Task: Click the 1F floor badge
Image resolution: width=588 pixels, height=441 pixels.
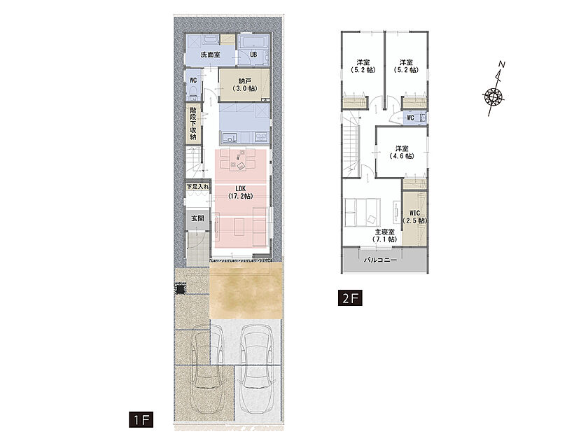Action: pyautogui.click(x=141, y=419)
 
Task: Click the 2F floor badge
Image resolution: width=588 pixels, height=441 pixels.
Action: pyautogui.click(x=350, y=298)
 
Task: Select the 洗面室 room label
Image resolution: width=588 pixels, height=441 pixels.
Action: pyautogui.click(x=210, y=55)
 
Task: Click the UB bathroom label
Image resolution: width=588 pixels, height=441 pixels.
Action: pyautogui.click(x=253, y=55)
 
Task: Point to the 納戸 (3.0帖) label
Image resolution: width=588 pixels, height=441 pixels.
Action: pyautogui.click(x=244, y=85)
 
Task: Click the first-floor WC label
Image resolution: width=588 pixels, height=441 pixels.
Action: pyautogui.click(x=193, y=80)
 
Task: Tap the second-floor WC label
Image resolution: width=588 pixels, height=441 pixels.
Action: pyautogui.click(x=411, y=118)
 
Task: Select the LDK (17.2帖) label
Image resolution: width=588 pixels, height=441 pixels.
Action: pyautogui.click(x=240, y=192)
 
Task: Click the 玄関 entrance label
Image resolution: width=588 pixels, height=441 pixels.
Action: pyautogui.click(x=197, y=218)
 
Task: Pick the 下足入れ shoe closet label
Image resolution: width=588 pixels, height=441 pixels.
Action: pyautogui.click(x=198, y=186)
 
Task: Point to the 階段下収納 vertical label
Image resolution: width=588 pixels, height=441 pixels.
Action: pyautogui.click(x=193, y=123)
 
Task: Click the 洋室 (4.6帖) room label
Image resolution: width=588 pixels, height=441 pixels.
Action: pyautogui.click(x=402, y=153)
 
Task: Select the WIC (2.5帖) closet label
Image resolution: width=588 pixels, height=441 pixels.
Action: pyautogui.click(x=414, y=217)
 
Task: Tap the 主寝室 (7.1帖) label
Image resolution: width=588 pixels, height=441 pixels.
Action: pyautogui.click(x=385, y=235)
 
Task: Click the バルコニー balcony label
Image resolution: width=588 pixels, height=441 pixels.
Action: pyautogui.click(x=380, y=260)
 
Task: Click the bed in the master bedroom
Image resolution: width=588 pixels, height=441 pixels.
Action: pyautogui.click(x=363, y=213)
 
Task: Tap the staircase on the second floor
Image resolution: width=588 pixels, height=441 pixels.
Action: pyautogui.click(x=351, y=146)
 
